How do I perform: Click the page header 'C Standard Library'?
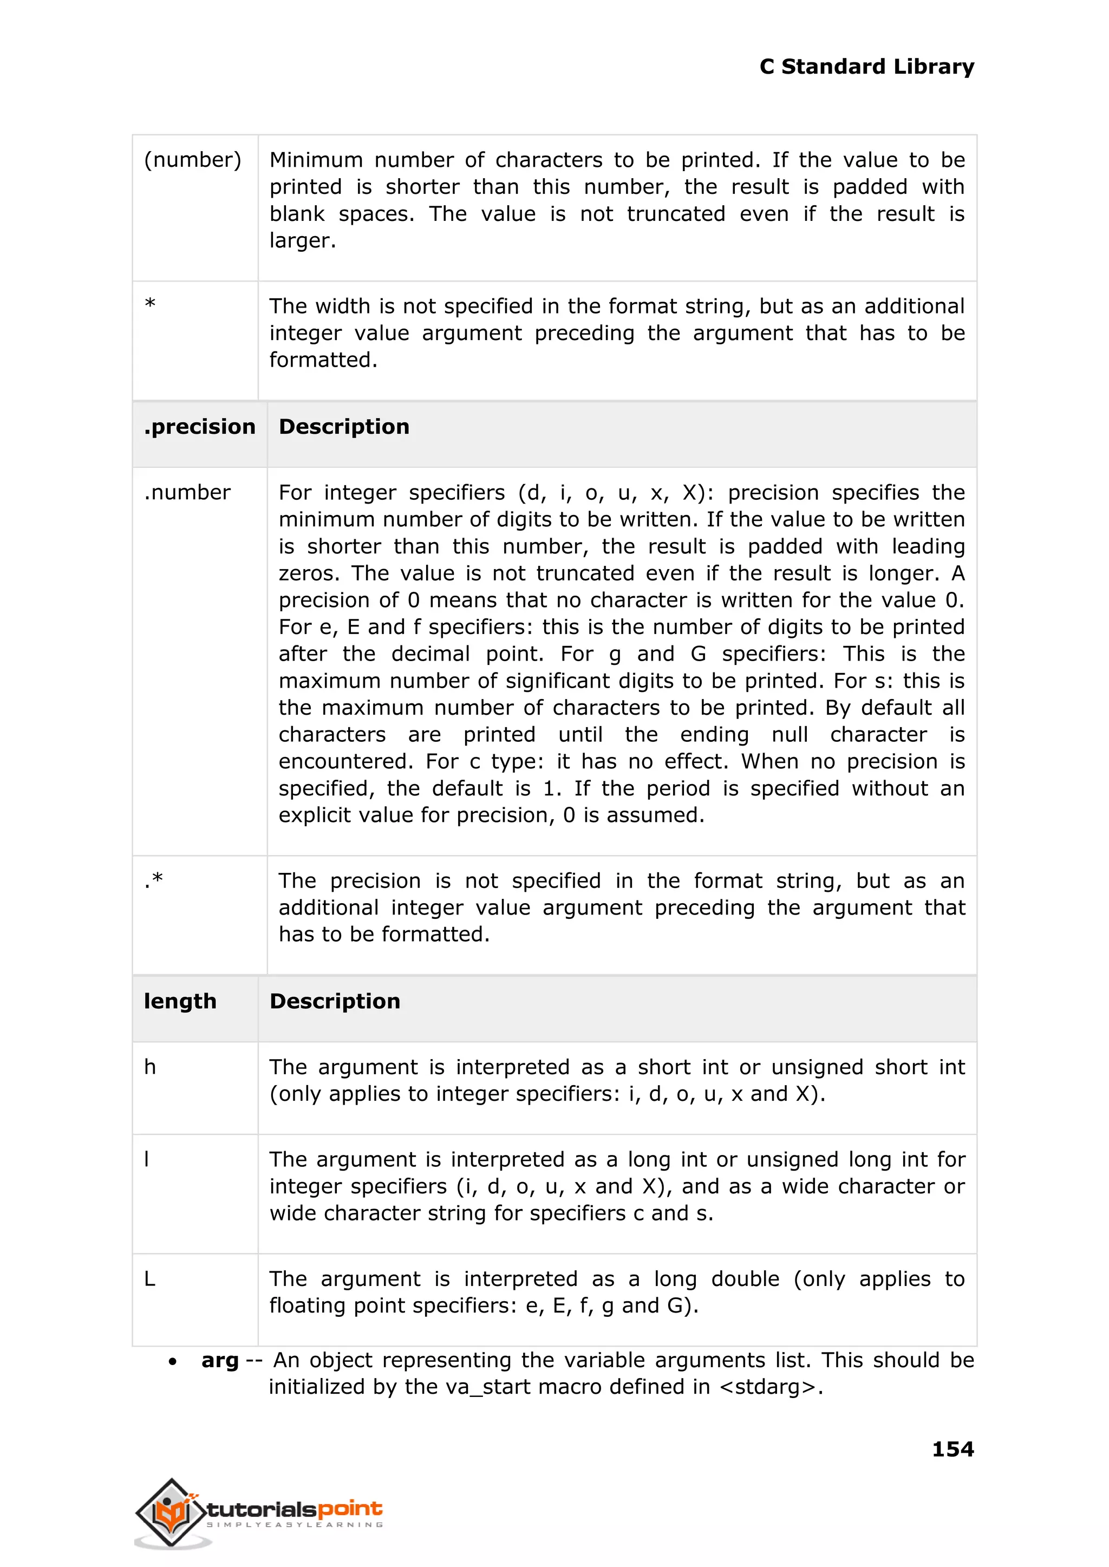(x=866, y=67)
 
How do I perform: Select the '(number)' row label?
(x=193, y=160)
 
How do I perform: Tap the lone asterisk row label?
(x=150, y=304)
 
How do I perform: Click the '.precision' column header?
(x=199, y=427)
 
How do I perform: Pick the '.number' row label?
(x=187, y=492)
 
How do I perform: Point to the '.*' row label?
(x=154, y=880)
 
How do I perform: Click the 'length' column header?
(x=180, y=1001)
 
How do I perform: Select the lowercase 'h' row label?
(x=150, y=1067)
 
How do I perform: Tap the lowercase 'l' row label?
(x=147, y=1159)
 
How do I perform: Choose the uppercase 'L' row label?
(x=149, y=1278)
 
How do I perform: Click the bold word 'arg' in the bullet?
(x=219, y=1360)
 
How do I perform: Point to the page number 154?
(x=953, y=1449)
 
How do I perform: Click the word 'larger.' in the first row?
(x=303, y=240)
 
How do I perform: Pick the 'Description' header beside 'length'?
(x=335, y=1001)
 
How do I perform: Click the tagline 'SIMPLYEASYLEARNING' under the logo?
(x=295, y=1525)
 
